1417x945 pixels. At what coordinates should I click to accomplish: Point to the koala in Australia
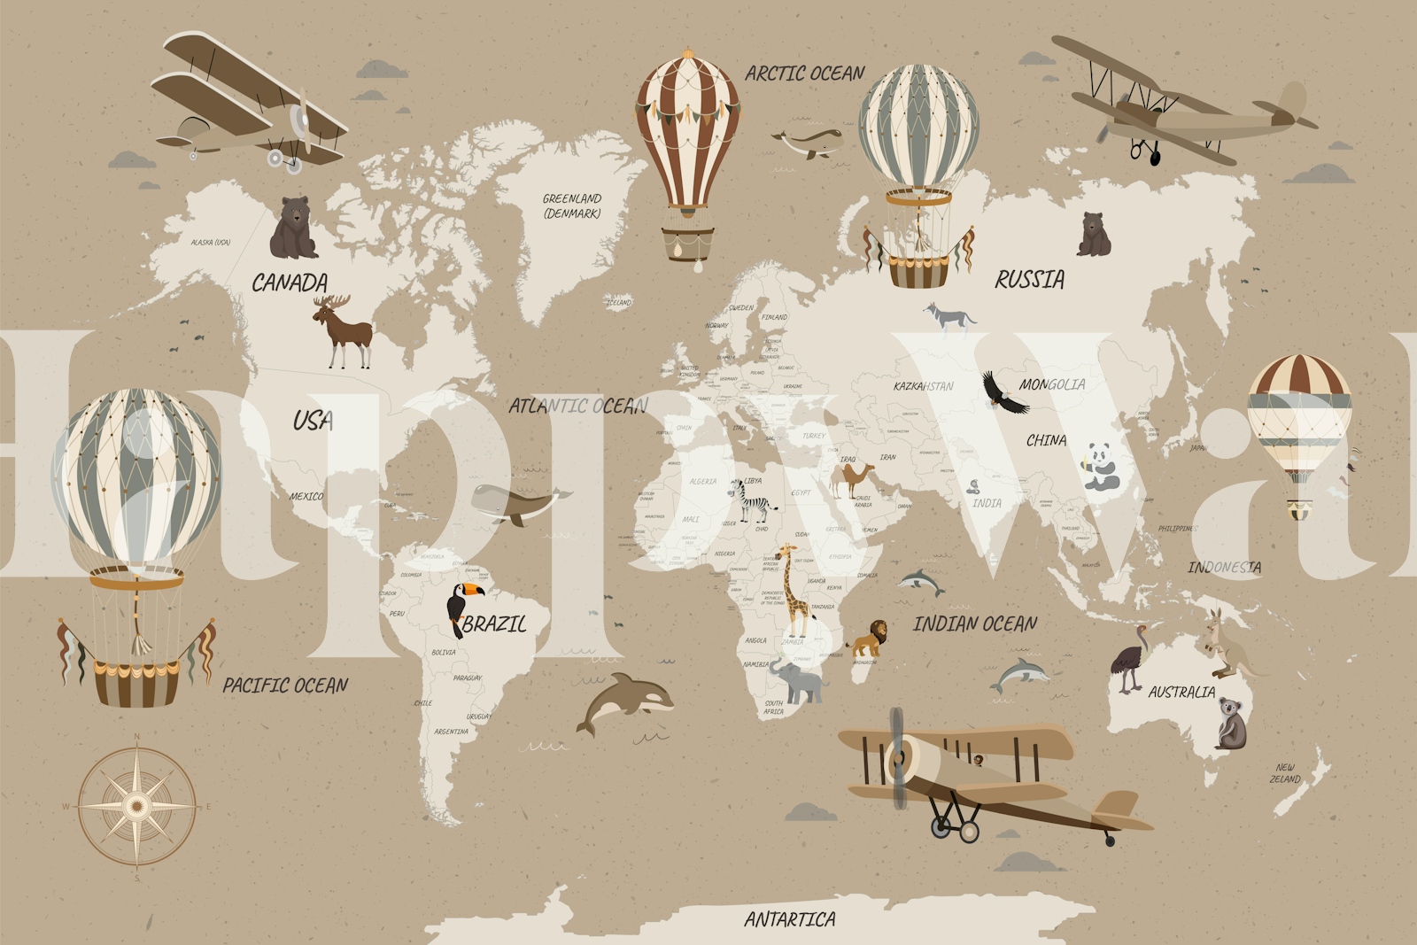point(1230,723)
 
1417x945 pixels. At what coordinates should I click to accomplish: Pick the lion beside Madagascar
point(868,637)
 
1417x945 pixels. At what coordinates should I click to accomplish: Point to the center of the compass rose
point(136,805)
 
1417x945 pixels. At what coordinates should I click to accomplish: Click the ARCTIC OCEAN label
point(804,74)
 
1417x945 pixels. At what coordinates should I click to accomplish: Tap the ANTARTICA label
point(789,919)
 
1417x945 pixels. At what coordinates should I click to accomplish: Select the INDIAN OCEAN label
point(974,624)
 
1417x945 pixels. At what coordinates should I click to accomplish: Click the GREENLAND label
point(572,205)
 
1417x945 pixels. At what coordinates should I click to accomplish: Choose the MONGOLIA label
point(1051,384)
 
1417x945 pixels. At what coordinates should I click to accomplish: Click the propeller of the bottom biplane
point(898,757)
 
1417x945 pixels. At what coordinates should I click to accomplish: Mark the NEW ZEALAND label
point(1285,773)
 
